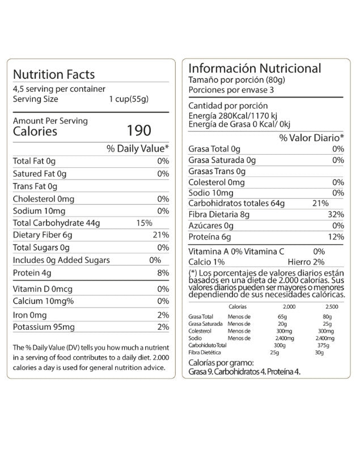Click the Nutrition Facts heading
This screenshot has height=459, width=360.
(53, 74)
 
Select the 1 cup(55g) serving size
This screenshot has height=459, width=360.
(129, 99)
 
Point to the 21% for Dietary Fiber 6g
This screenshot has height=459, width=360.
(160, 235)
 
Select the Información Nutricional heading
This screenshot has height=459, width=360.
(255, 69)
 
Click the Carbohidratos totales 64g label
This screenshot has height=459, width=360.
(236, 202)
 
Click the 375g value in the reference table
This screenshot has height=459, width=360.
(323, 345)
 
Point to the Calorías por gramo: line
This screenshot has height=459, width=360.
(221, 363)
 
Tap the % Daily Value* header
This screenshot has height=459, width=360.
(138, 149)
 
